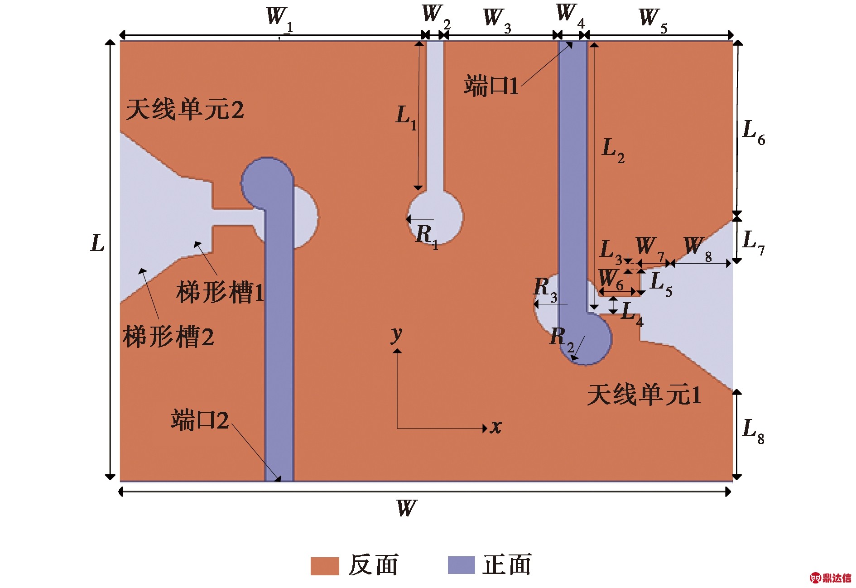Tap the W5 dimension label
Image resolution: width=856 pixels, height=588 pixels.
pyautogui.click(x=653, y=21)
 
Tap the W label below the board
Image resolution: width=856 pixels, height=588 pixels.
pyautogui.click(x=406, y=508)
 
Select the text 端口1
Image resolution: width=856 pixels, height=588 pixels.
pyautogui.click(x=491, y=86)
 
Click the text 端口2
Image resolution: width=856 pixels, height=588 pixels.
pyautogui.click(x=200, y=419)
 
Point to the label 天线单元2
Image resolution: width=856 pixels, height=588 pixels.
pyautogui.click(x=185, y=109)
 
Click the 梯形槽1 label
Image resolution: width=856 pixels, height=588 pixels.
pyautogui.click(x=220, y=292)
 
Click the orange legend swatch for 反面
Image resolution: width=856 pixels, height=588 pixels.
pyautogui.click(x=325, y=566)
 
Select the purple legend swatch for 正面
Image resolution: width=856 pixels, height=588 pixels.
pyautogui.click(x=462, y=565)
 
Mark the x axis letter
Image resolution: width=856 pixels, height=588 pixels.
pyautogui.click(x=496, y=427)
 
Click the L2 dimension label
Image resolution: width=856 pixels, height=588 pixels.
pyautogui.click(x=613, y=151)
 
